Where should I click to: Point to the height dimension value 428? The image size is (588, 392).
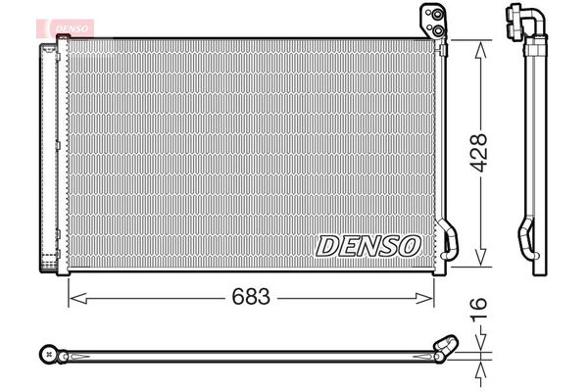point(478,154)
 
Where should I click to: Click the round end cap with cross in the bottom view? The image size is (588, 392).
point(48,352)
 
